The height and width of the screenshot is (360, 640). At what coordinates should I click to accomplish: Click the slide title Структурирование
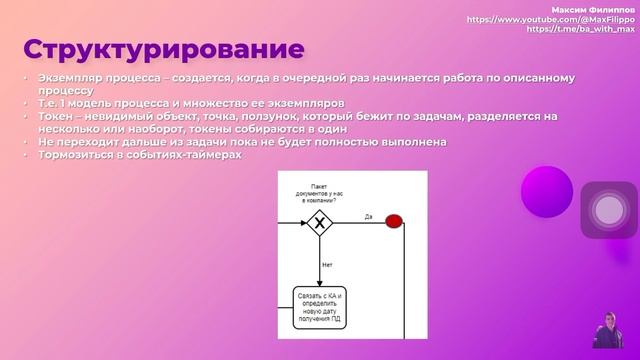pos(165,49)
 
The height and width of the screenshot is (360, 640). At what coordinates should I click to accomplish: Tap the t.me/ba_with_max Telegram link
pos(582,30)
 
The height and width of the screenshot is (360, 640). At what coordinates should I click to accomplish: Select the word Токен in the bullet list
pos(55,116)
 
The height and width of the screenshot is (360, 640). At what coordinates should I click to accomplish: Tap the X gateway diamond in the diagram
pos(320,222)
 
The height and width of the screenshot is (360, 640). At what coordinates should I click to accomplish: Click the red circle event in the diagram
pos(394,221)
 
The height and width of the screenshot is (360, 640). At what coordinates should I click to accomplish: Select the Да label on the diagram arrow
pos(368,215)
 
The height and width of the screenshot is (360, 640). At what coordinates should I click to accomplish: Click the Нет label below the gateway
pos(327,265)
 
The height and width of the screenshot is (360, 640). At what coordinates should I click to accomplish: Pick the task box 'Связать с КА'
pos(320,305)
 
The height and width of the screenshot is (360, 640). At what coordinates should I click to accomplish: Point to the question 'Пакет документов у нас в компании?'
pos(319,193)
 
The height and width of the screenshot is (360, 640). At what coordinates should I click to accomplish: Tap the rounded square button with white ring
pos(608,210)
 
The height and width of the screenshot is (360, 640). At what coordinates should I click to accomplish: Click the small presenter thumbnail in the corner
pos(608,329)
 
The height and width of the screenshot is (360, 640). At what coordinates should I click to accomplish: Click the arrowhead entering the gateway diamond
pos(302,222)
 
